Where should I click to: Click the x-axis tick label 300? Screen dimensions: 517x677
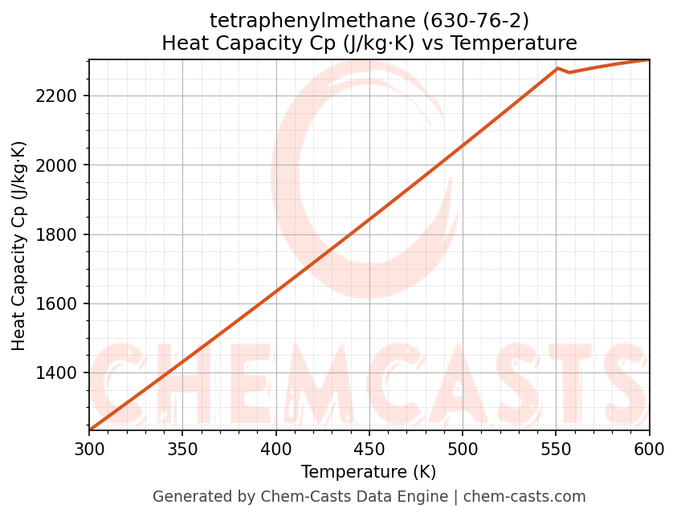(x=89, y=449)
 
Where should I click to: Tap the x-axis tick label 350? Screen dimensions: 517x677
(x=182, y=449)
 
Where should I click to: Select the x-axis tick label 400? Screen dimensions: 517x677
(x=275, y=449)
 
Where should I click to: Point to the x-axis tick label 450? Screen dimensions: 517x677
(x=369, y=449)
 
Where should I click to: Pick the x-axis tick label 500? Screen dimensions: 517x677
(x=463, y=449)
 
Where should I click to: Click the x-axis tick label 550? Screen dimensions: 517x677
(x=556, y=449)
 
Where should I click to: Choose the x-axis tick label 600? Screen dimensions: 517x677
(x=649, y=449)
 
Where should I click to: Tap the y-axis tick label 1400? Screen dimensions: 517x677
(x=60, y=373)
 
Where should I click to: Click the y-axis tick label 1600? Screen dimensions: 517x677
(x=60, y=304)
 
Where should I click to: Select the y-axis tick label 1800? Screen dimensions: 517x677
(x=60, y=235)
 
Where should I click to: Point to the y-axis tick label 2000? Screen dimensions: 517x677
(x=60, y=165)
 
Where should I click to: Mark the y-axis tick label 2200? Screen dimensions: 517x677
(x=60, y=96)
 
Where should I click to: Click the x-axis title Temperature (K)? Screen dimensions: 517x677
(x=369, y=472)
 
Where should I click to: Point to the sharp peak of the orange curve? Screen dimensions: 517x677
(x=557, y=69)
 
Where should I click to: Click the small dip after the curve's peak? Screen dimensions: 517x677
(x=569, y=72)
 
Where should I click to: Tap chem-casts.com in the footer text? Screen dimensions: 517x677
(x=524, y=497)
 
